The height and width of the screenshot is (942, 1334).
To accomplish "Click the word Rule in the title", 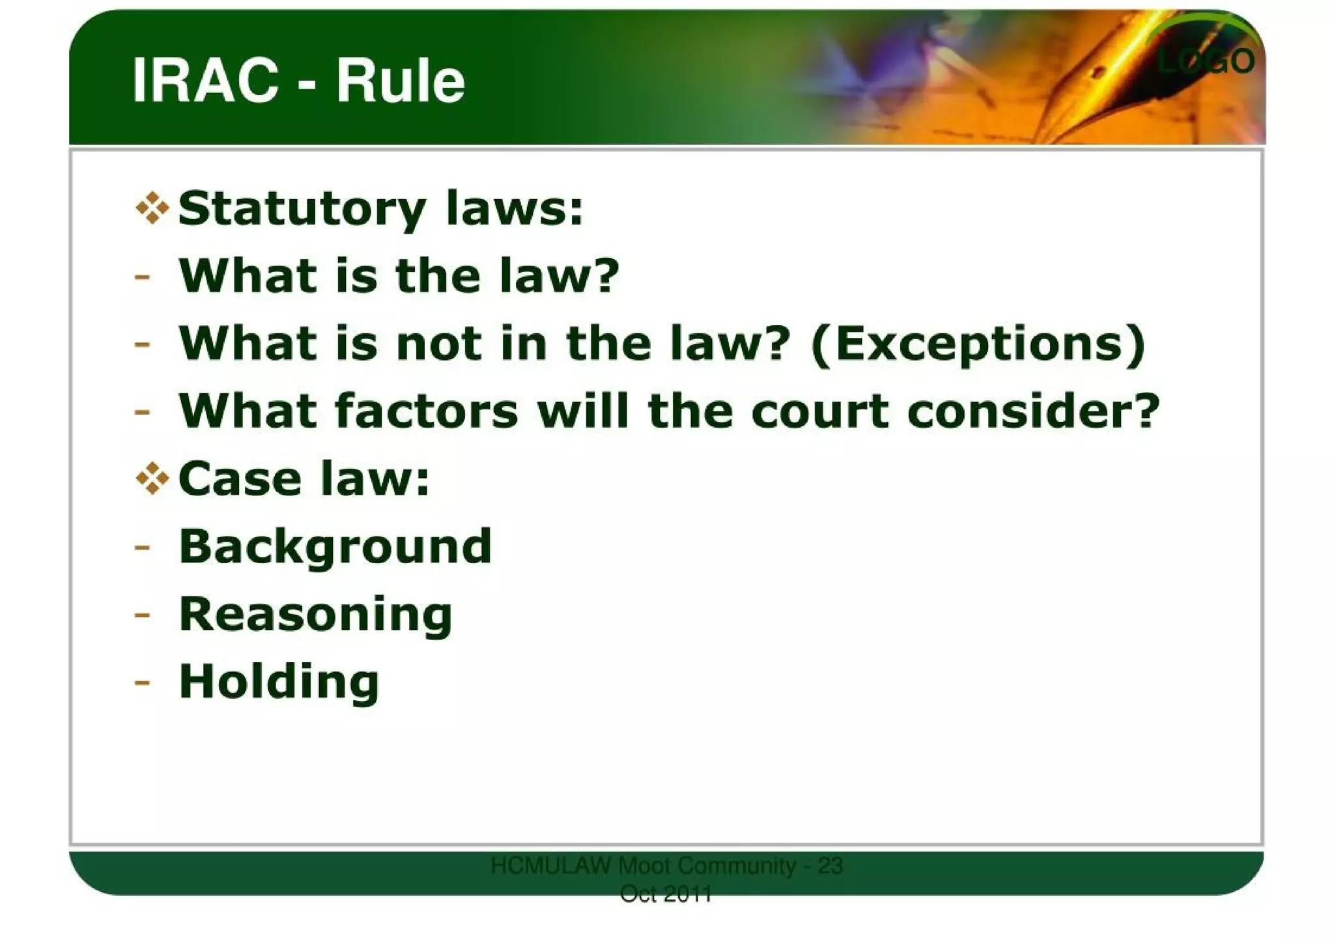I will [x=400, y=81].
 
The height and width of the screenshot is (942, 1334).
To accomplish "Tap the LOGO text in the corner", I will [x=1206, y=61].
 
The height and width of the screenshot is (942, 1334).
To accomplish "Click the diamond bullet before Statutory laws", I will [x=152, y=208].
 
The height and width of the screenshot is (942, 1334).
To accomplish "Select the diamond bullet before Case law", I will [x=152, y=478].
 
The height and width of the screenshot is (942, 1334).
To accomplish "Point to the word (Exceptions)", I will [x=978, y=344].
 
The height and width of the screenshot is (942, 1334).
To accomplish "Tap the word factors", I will [x=427, y=411].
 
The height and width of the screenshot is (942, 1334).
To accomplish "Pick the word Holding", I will [x=279, y=682].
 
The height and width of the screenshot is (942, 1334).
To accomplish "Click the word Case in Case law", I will [x=239, y=479].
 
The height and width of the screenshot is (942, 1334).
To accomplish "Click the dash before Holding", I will [x=142, y=682].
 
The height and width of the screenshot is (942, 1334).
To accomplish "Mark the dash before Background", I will [x=142, y=547].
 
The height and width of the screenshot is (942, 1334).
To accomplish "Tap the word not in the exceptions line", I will [x=439, y=344].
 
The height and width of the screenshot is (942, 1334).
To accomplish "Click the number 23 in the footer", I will [x=830, y=866].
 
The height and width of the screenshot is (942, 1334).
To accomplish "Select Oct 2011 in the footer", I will [x=666, y=894].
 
